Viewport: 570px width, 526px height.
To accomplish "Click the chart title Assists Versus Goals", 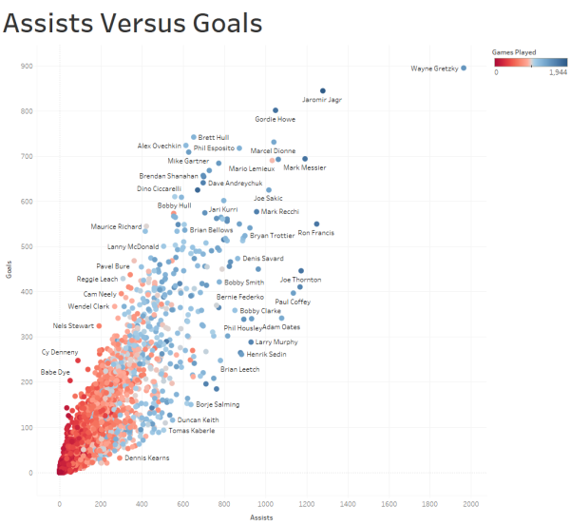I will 133,24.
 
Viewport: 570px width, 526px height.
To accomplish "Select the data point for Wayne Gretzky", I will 464,68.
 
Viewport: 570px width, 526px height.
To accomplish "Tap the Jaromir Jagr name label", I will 322,100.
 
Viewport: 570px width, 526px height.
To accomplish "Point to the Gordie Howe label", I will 275,120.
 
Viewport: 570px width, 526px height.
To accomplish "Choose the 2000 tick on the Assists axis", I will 471,504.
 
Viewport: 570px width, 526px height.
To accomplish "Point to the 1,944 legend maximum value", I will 559,73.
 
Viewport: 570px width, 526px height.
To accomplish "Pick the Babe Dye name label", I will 54,372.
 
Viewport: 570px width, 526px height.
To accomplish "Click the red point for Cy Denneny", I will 78,360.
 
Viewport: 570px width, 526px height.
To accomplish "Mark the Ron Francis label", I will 314,233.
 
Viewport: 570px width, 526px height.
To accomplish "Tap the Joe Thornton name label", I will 300,280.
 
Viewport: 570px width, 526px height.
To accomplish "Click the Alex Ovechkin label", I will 159,146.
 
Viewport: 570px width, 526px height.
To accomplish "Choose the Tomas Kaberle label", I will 191,431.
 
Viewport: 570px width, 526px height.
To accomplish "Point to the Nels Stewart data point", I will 99,326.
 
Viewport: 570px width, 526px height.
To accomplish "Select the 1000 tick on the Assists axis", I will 265,504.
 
